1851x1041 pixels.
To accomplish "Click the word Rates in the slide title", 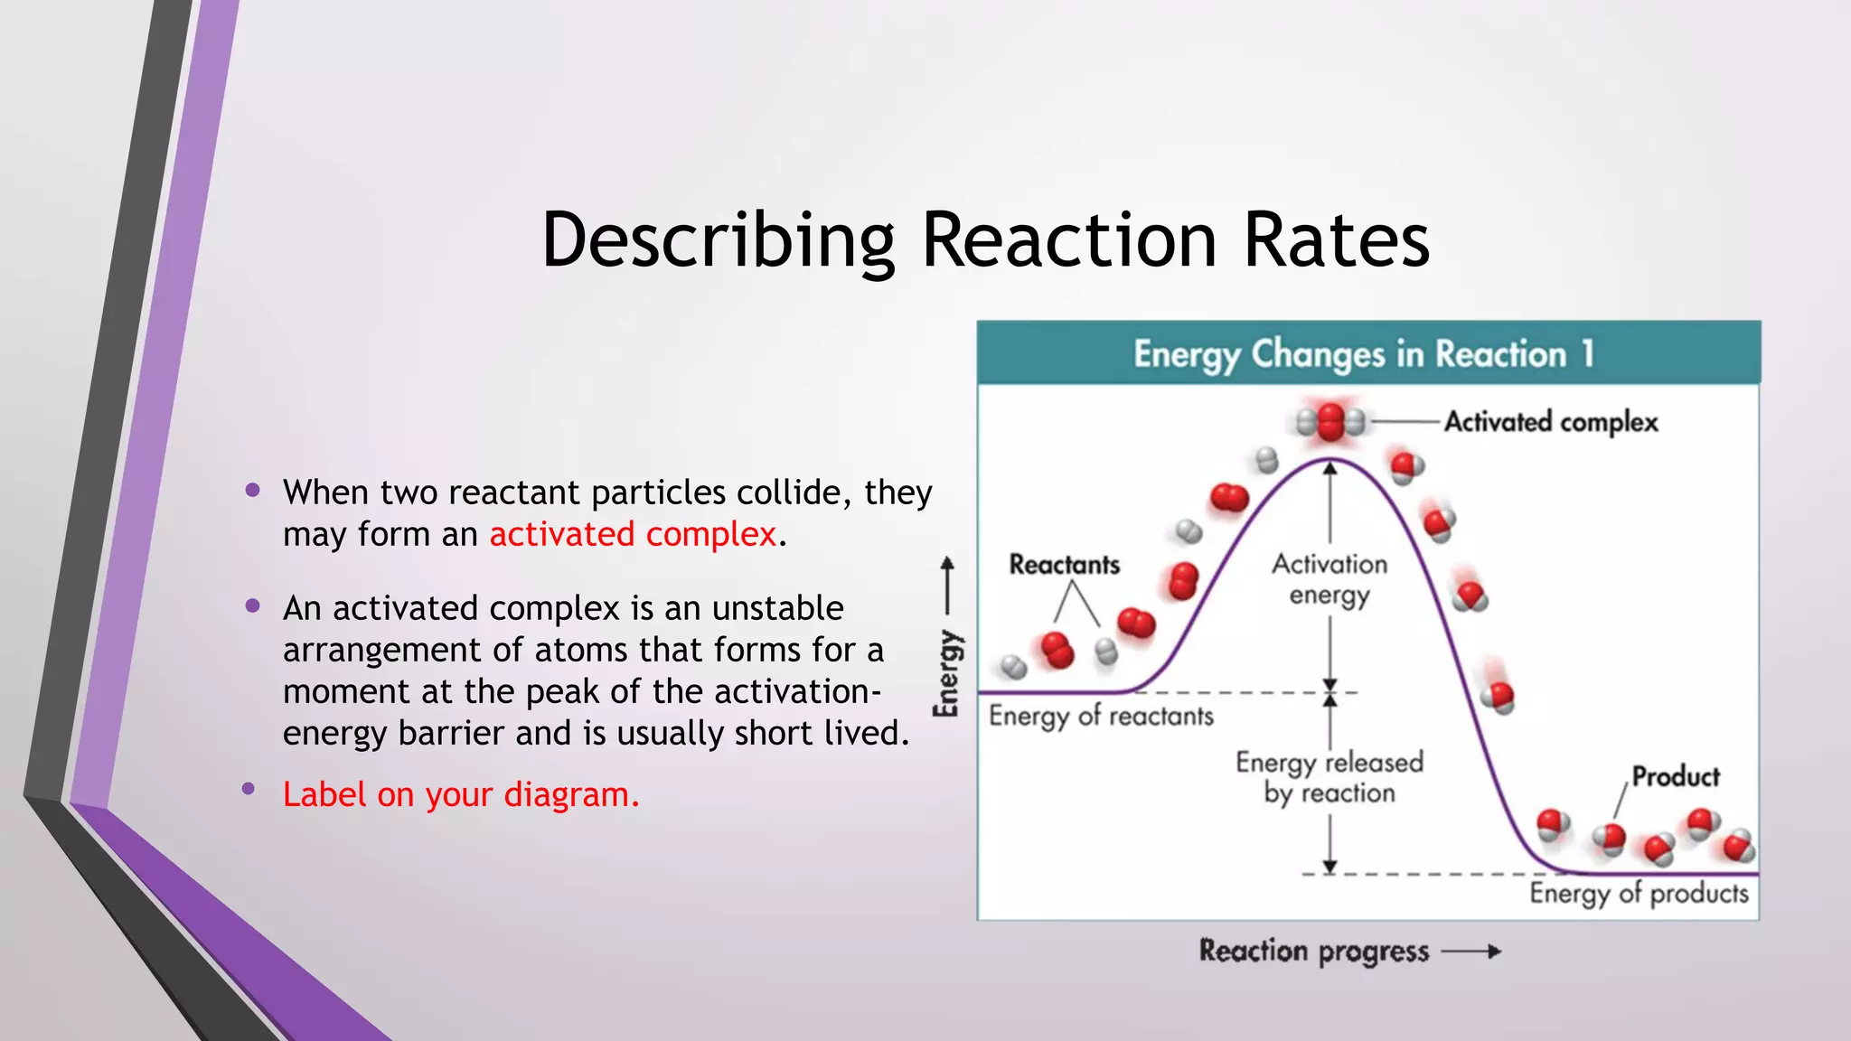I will [x=1336, y=240].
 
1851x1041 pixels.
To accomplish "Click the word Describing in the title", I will [x=718, y=242].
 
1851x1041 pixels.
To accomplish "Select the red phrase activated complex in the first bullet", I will [x=633, y=535].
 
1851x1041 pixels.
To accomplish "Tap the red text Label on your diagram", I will [x=461, y=795].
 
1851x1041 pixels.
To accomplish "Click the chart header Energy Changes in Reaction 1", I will [x=1365, y=354].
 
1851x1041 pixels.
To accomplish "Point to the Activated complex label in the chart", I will [x=1551, y=422].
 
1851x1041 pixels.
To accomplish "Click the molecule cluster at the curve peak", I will [x=1330, y=422].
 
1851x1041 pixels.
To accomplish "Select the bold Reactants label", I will [x=1064, y=565].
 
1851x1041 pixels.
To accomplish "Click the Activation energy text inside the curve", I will [x=1330, y=579].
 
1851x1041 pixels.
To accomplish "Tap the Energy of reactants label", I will [x=1101, y=717].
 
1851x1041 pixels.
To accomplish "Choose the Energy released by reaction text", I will [x=1330, y=777].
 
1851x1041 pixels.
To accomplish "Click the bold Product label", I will [x=1676, y=776].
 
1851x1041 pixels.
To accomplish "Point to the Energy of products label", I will [x=1639, y=894].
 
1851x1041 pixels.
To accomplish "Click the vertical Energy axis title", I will [x=946, y=673].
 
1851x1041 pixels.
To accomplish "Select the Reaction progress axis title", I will [x=1314, y=952].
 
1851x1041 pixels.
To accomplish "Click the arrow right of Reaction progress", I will [x=1471, y=952].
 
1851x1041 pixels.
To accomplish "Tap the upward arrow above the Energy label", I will [x=947, y=583].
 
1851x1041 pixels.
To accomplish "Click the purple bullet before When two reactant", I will [x=253, y=491].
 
